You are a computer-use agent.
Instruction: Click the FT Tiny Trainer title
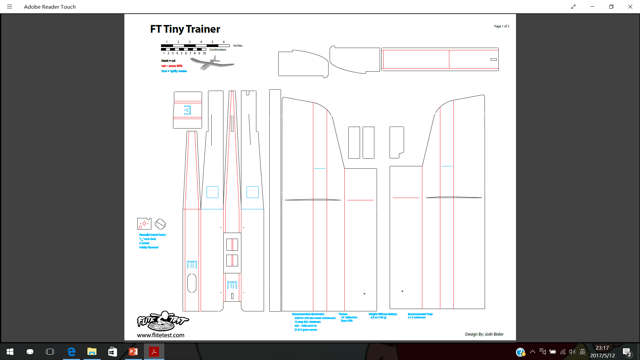[185, 29]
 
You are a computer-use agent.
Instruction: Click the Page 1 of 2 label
[501, 26]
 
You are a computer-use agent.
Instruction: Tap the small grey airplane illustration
[212, 63]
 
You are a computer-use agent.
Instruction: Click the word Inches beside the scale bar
[238, 46]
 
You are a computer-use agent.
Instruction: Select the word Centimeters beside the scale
[218, 50]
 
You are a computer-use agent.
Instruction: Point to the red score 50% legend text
[172, 66]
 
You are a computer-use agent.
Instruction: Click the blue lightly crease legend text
[174, 71]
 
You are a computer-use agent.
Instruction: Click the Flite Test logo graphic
[163, 321]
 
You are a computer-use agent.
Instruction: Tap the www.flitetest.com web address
[160, 335]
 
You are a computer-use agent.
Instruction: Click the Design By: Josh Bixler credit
[484, 334]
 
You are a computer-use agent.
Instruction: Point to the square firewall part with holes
[144, 224]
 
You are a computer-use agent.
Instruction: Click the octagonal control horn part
[160, 224]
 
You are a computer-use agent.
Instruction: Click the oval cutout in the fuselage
[192, 283]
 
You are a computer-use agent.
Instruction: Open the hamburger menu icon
[9, 7]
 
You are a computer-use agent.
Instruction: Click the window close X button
[630, 7]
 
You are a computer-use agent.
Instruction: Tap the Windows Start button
[10, 352]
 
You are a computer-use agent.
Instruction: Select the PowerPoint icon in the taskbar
[133, 352]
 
